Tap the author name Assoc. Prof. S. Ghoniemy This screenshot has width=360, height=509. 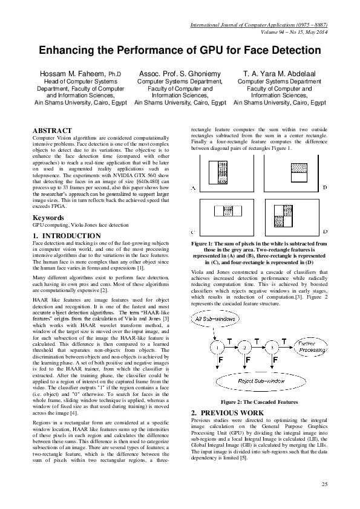(180, 74)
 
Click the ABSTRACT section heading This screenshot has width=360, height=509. (52, 131)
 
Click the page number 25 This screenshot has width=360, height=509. (324, 485)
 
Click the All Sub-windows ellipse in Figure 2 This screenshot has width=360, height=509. (215, 319)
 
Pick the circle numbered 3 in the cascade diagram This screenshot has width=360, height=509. (273, 348)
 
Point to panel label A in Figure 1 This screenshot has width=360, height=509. (192, 189)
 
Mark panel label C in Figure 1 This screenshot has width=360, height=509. (192, 232)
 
